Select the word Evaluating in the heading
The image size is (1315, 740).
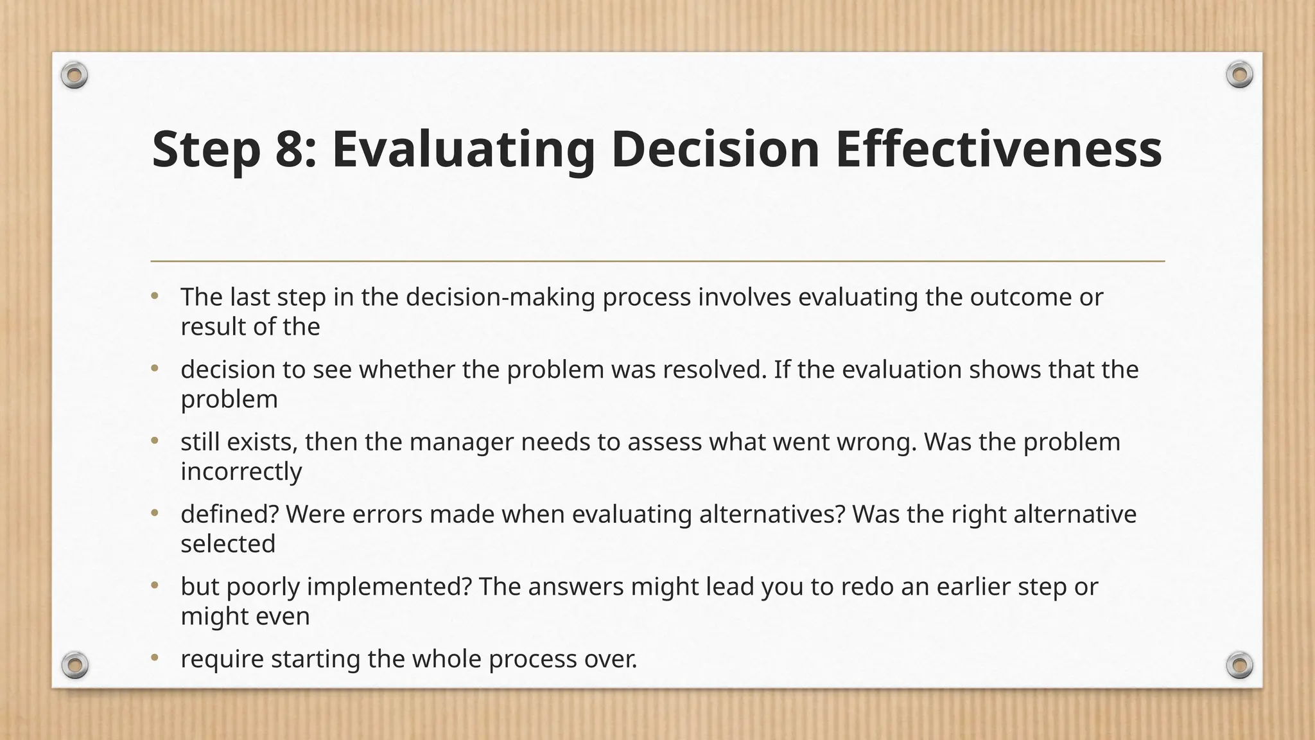(463, 149)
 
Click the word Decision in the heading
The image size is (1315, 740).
(715, 149)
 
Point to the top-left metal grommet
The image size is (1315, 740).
(74, 76)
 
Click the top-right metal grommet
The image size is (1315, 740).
(1239, 75)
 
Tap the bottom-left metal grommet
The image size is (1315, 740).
(75, 665)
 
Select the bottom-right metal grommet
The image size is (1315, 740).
(1239, 665)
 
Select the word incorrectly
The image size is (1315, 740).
(241, 471)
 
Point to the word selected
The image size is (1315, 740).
(228, 544)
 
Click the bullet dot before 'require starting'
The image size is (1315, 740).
(154, 658)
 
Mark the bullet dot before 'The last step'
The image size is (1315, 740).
(154, 296)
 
